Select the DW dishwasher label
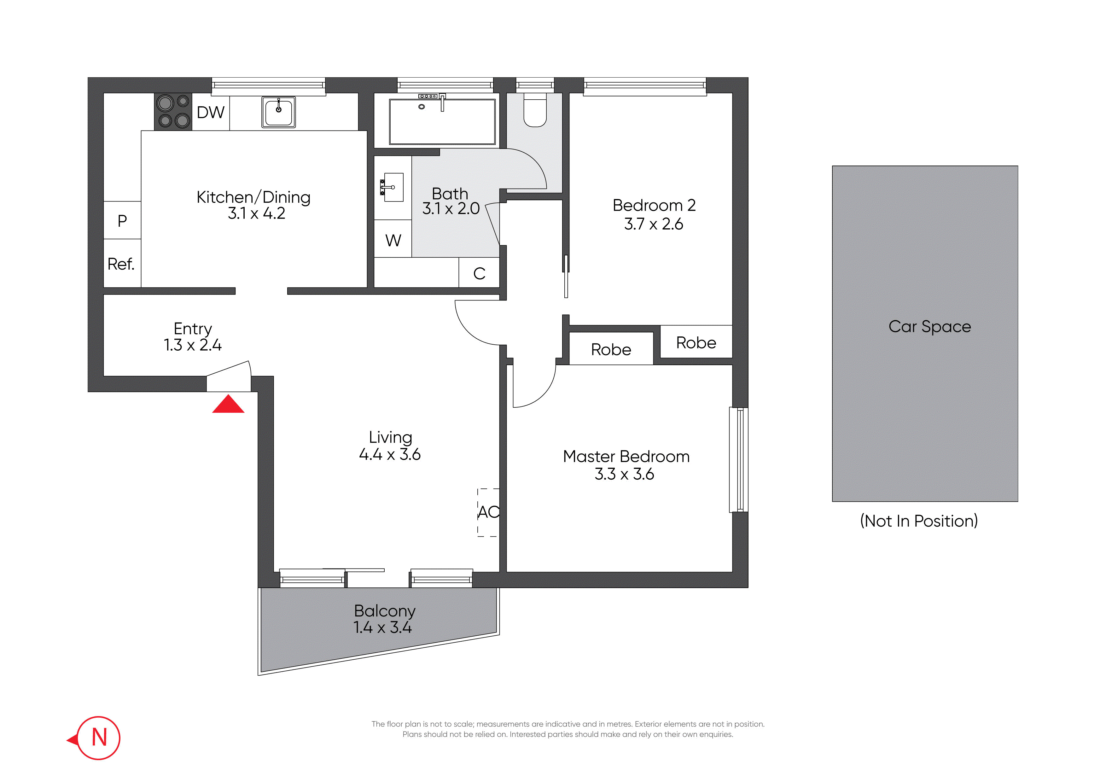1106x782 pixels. [211, 112]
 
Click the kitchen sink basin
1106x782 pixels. [278, 112]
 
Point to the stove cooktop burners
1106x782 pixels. [173, 111]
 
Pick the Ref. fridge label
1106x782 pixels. [121, 264]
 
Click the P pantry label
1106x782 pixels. [122, 221]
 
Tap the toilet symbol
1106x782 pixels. [535, 109]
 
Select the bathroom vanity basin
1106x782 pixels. [393, 187]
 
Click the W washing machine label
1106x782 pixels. [393, 240]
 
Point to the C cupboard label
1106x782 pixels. [479, 274]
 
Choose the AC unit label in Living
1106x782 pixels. [488, 512]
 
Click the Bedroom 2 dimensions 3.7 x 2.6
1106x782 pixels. [654, 224]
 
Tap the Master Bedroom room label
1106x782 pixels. [626, 456]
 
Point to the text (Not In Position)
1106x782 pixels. [919, 521]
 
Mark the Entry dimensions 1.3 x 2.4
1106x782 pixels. [193, 345]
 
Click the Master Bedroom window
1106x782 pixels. [739, 460]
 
